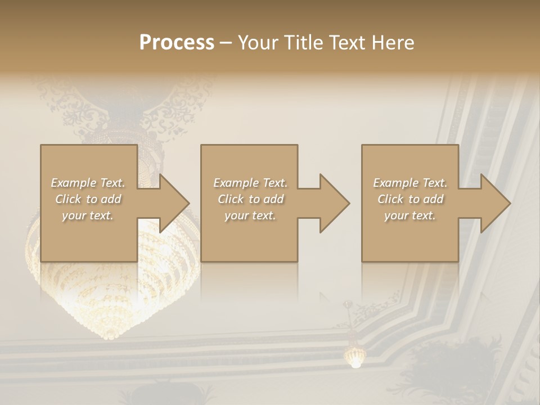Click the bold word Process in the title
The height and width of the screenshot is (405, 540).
point(177,43)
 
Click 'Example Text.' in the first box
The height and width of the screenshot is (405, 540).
point(88,183)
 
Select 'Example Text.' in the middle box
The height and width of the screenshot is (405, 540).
point(250,183)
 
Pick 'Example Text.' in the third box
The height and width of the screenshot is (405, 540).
point(410,183)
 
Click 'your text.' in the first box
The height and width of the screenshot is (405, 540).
point(88,215)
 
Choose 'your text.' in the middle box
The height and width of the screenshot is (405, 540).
point(250,215)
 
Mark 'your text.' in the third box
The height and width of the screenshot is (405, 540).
point(410,215)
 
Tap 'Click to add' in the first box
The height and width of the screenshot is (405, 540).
point(88,199)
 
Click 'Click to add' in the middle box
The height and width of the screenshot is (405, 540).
point(250,199)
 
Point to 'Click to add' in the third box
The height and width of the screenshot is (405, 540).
point(410,199)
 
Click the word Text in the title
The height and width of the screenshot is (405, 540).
point(346,43)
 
